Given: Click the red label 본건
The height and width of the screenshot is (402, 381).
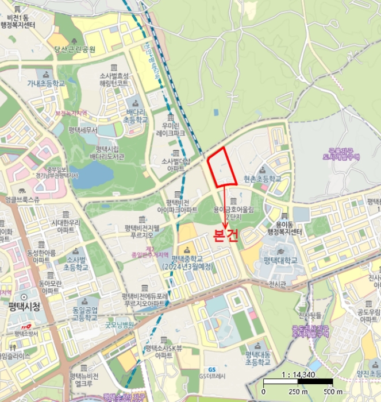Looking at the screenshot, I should click(x=226, y=237).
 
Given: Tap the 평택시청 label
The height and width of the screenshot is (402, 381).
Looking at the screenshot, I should click(x=21, y=307).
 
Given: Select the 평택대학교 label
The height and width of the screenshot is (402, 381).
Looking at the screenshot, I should click(x=280, y=260).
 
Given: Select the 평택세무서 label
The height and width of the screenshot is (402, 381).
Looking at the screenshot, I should click(x=83, y=130).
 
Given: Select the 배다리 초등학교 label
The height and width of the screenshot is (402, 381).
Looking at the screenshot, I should click(x=136, y=115).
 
